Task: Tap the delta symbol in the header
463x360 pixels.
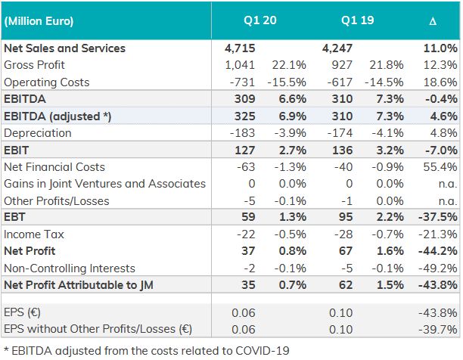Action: coord(433,21)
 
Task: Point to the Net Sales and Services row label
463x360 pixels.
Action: coord(65,48)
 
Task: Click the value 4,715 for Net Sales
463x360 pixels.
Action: coord(240,48)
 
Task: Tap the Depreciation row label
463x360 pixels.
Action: coord(37,133)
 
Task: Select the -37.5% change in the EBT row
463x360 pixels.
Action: coord(439,218)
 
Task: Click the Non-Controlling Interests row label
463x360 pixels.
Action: coord(69,268)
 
